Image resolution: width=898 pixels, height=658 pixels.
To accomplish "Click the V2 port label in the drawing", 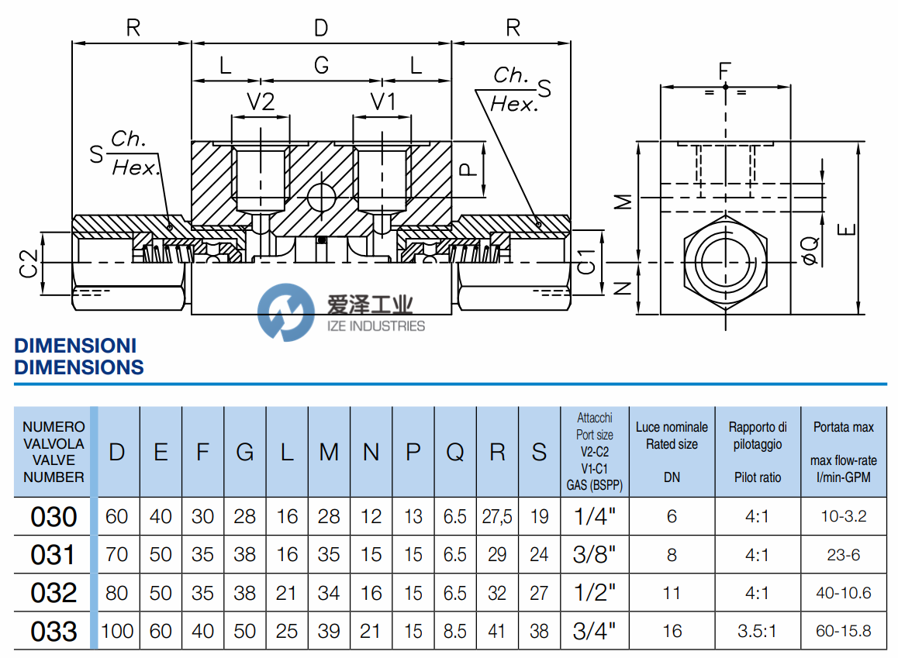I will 261,102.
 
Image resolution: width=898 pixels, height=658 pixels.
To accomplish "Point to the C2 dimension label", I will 29,264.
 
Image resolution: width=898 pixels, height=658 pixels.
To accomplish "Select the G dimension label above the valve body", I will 321,66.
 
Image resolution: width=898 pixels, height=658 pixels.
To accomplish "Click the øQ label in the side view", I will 810,250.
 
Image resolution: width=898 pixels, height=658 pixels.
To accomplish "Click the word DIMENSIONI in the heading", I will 75,346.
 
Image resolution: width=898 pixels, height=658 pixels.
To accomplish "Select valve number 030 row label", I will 54,517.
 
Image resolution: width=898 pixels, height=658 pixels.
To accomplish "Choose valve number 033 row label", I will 54,631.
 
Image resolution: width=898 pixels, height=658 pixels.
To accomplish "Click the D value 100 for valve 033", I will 117,631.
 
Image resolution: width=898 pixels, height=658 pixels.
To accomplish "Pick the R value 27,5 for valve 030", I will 497,517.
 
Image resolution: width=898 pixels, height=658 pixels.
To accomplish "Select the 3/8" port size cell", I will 595,555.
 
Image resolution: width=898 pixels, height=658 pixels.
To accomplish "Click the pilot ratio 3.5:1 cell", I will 758,631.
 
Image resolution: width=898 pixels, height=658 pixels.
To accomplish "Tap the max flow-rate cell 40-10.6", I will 843,593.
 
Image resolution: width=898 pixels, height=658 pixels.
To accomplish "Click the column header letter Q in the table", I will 455,453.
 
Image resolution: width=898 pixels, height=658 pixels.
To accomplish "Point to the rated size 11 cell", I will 672,593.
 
